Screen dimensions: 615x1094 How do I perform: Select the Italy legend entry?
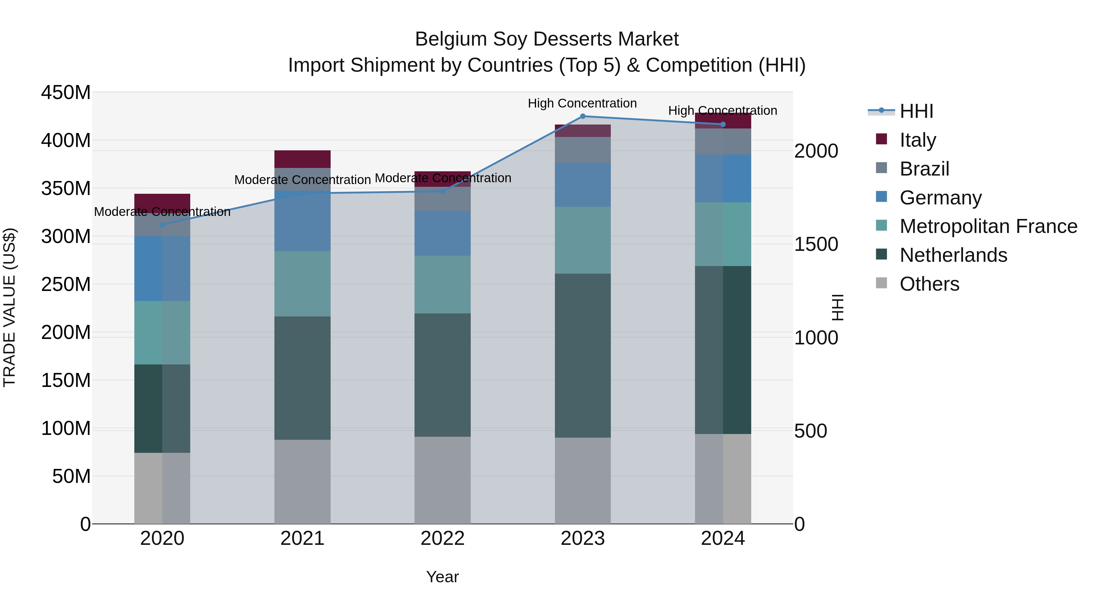click(917, 140)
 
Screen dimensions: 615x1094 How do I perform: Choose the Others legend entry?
click(929, 284)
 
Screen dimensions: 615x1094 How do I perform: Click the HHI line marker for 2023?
click(583, 116)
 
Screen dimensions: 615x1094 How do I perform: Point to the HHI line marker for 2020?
click(162, 224)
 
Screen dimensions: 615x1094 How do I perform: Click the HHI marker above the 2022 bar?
click(442, 191)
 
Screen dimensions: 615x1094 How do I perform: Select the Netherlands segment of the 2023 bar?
click(583, 355)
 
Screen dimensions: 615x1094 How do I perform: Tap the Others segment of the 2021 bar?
click(302, 481)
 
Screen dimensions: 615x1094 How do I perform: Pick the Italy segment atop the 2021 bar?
click(302, 159)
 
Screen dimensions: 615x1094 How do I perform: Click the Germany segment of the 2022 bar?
click(442, 234)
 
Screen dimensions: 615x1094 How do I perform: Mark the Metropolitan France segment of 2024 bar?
click(723, 234)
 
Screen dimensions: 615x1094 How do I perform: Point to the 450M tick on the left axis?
click(66, 93)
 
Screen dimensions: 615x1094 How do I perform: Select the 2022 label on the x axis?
click(442, 538)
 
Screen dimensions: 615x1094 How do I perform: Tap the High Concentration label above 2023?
click(582, 103)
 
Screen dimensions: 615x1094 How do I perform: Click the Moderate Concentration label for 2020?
click(162, 211)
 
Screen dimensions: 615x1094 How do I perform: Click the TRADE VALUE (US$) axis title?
click(10, 307)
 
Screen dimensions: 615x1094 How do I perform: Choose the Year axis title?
click(442, 577)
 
